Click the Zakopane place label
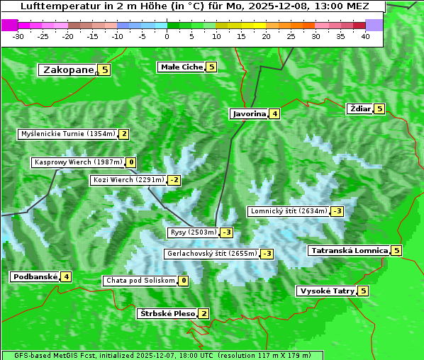tap(68, 69)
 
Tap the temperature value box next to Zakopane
tap(105, 69)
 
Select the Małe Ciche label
tap(182, 67)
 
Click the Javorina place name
tap(249, 113)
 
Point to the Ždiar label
tap(359, 108)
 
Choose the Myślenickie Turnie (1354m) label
tap(67, 133)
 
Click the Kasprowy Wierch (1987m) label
tap(78, 162)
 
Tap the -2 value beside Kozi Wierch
tap(174, 180)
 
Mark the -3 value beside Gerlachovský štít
tap(267, 253)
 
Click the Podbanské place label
tap(34, 276)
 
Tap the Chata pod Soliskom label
tap(140, 281)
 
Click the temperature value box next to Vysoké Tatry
tap(363, 291)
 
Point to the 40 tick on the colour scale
tap(365, 35)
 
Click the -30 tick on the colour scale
tap(18, 35)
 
